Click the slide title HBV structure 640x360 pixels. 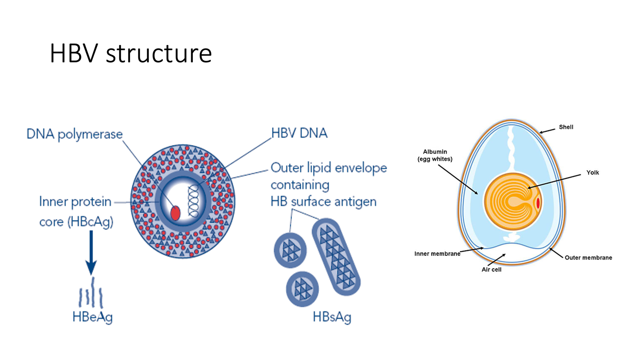[x=130, y=53]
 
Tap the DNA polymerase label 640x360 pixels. [x=74, y=134]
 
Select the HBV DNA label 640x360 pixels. [x=299, y=133]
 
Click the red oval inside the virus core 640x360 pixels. [x=175, y=213]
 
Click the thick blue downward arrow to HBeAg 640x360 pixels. [x=91, y=252]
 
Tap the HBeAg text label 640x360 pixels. [x=92, y=317]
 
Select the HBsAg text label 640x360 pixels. [x=332, y=317]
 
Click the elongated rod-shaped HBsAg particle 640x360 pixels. [x=336, y=257]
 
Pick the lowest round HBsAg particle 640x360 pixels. [x=302, y=289]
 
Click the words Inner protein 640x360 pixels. [x=75, y=202]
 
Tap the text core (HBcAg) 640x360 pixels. [x=76, y=222]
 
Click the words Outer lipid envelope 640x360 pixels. [x=328, y=168]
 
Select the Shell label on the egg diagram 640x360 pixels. [x=566, y=127]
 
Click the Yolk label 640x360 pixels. [x=592, y=173]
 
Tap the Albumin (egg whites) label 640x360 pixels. [x=435, y=155]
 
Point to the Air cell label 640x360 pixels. [x=491, y=270]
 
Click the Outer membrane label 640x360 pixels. [x=588, y=258]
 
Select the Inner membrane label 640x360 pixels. [x=437, y=254]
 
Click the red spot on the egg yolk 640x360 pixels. [x=538, y=203]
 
